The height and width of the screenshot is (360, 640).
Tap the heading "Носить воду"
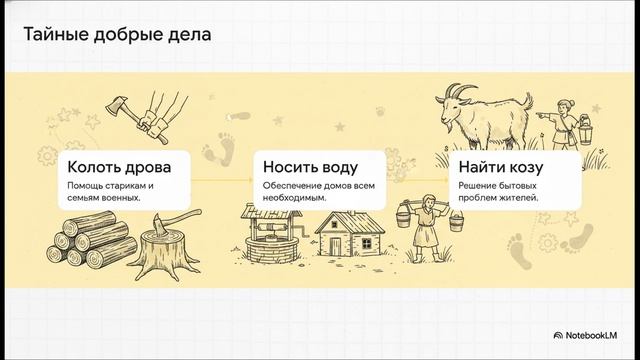tap(310, 165)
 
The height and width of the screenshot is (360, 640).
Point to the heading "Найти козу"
tap(503, 165)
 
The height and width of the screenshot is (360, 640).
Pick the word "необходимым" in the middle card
tap(296, 197)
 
